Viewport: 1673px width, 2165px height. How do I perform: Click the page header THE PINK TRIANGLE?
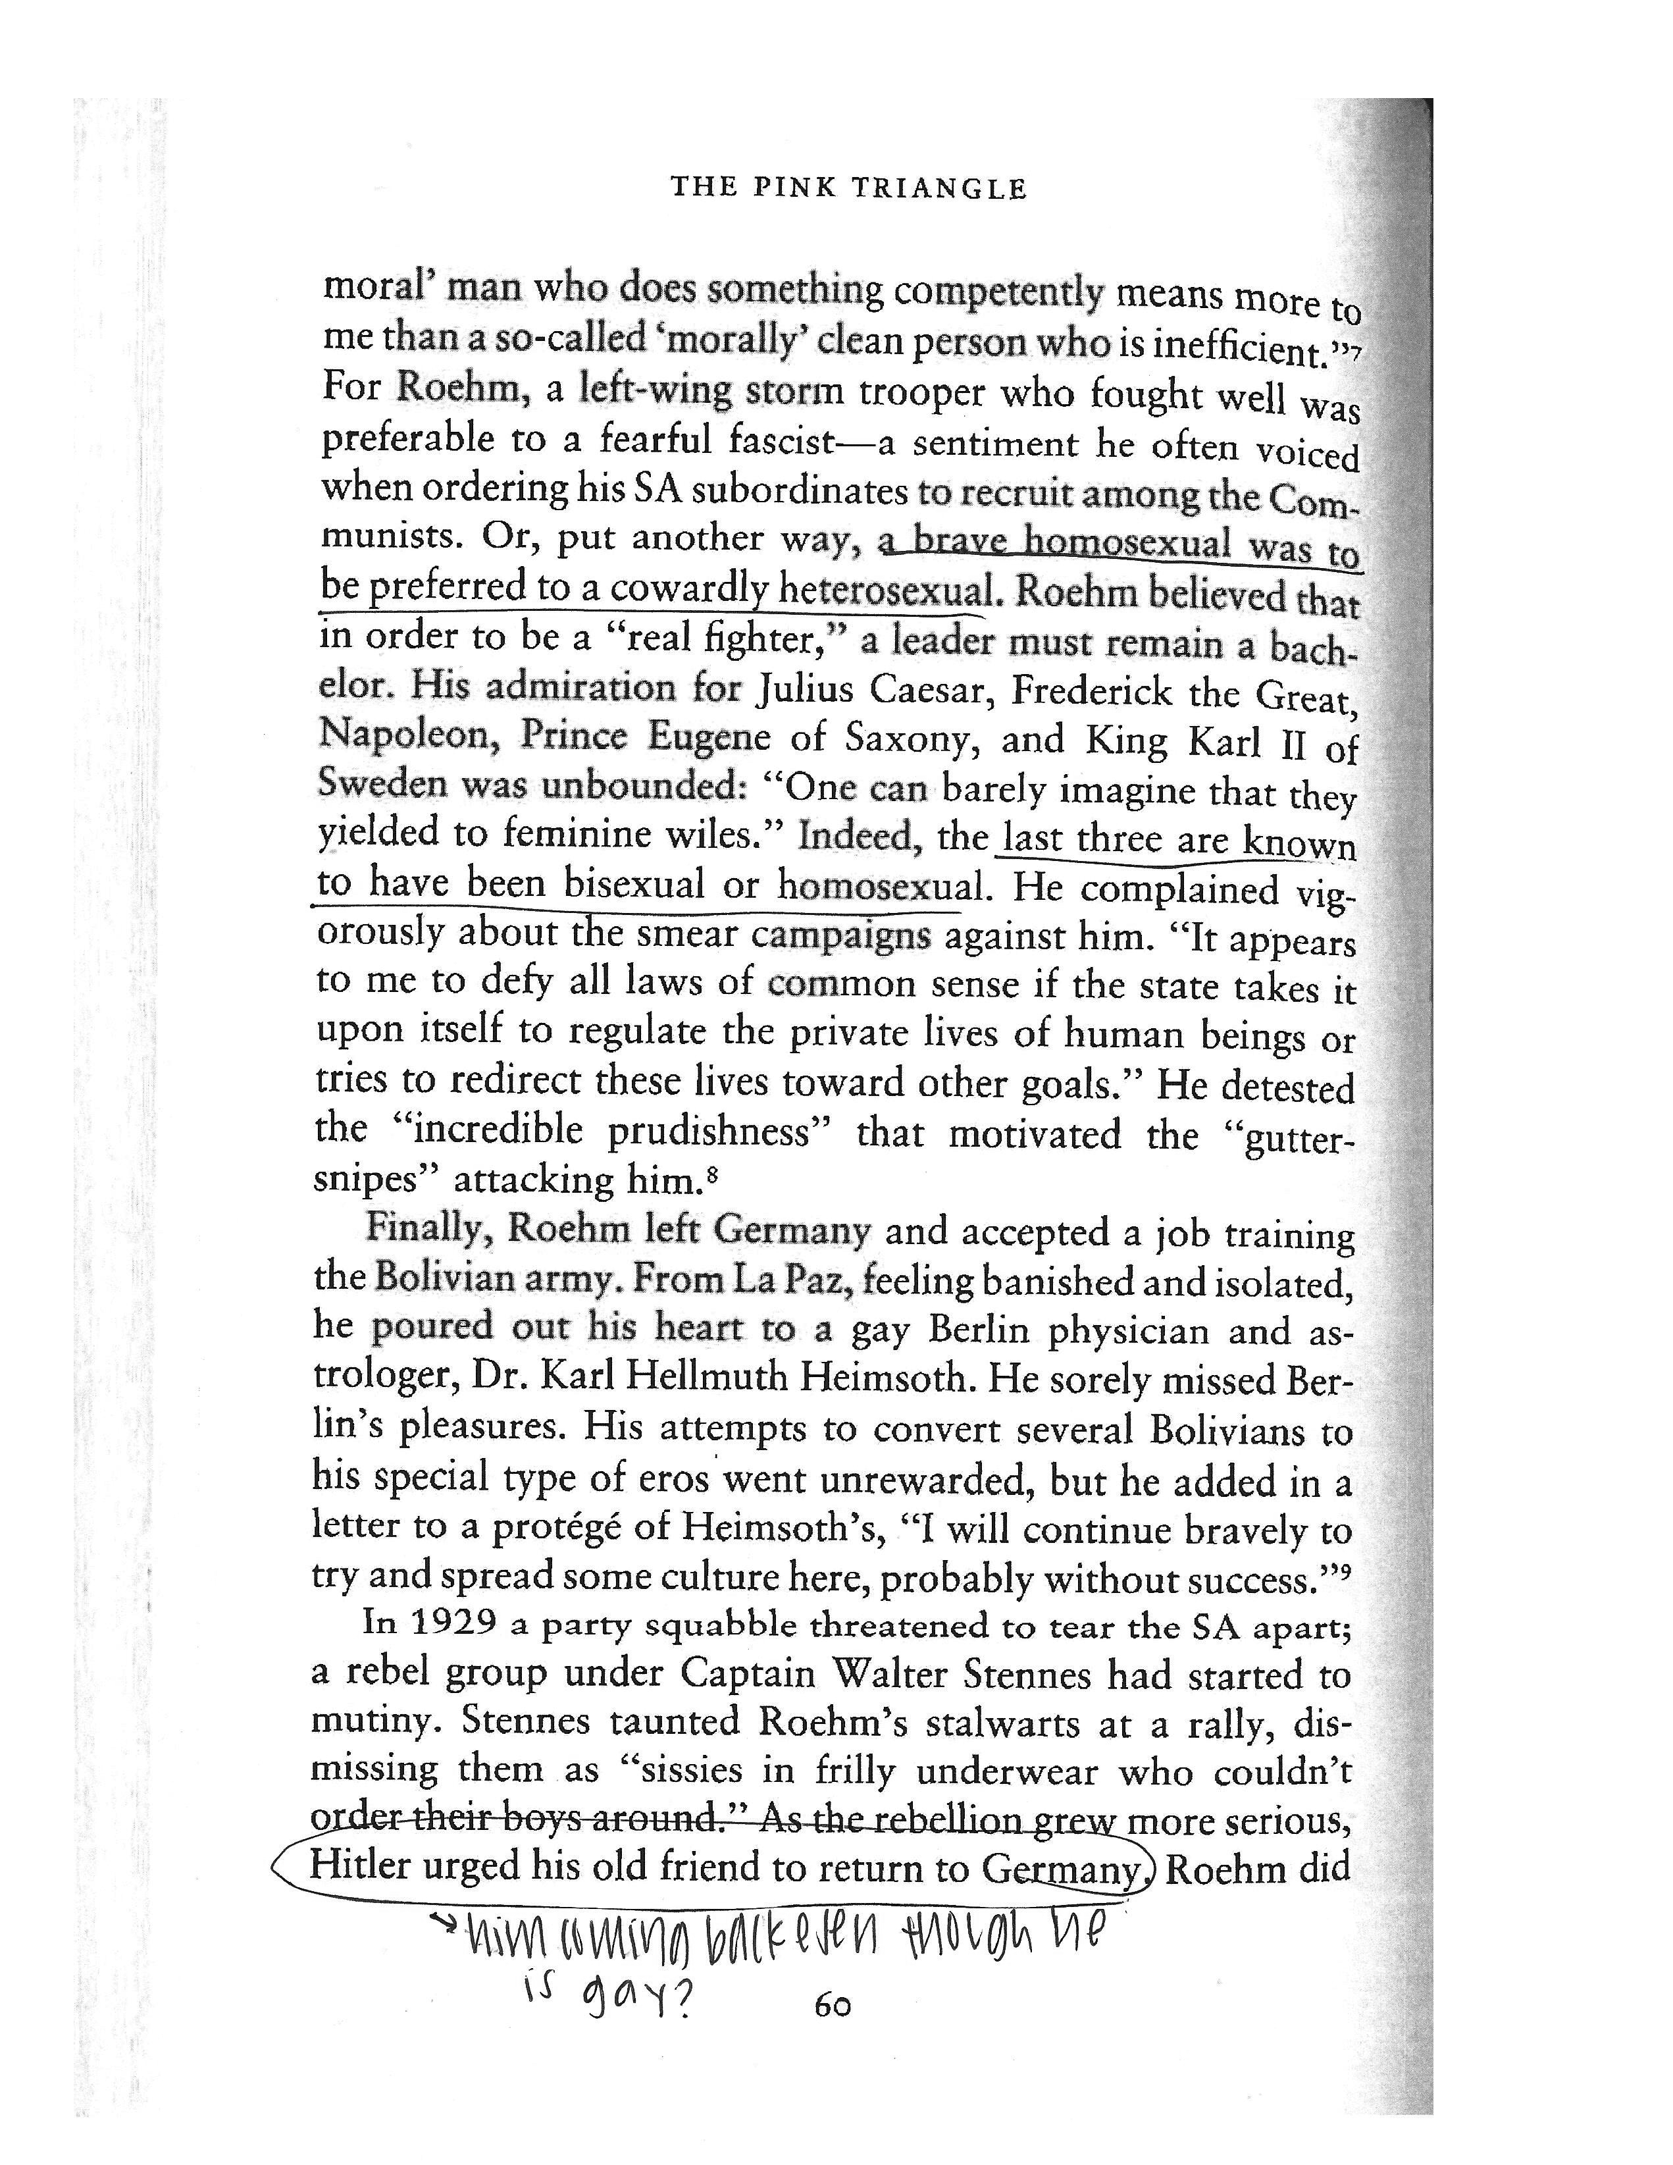point(848,188)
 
